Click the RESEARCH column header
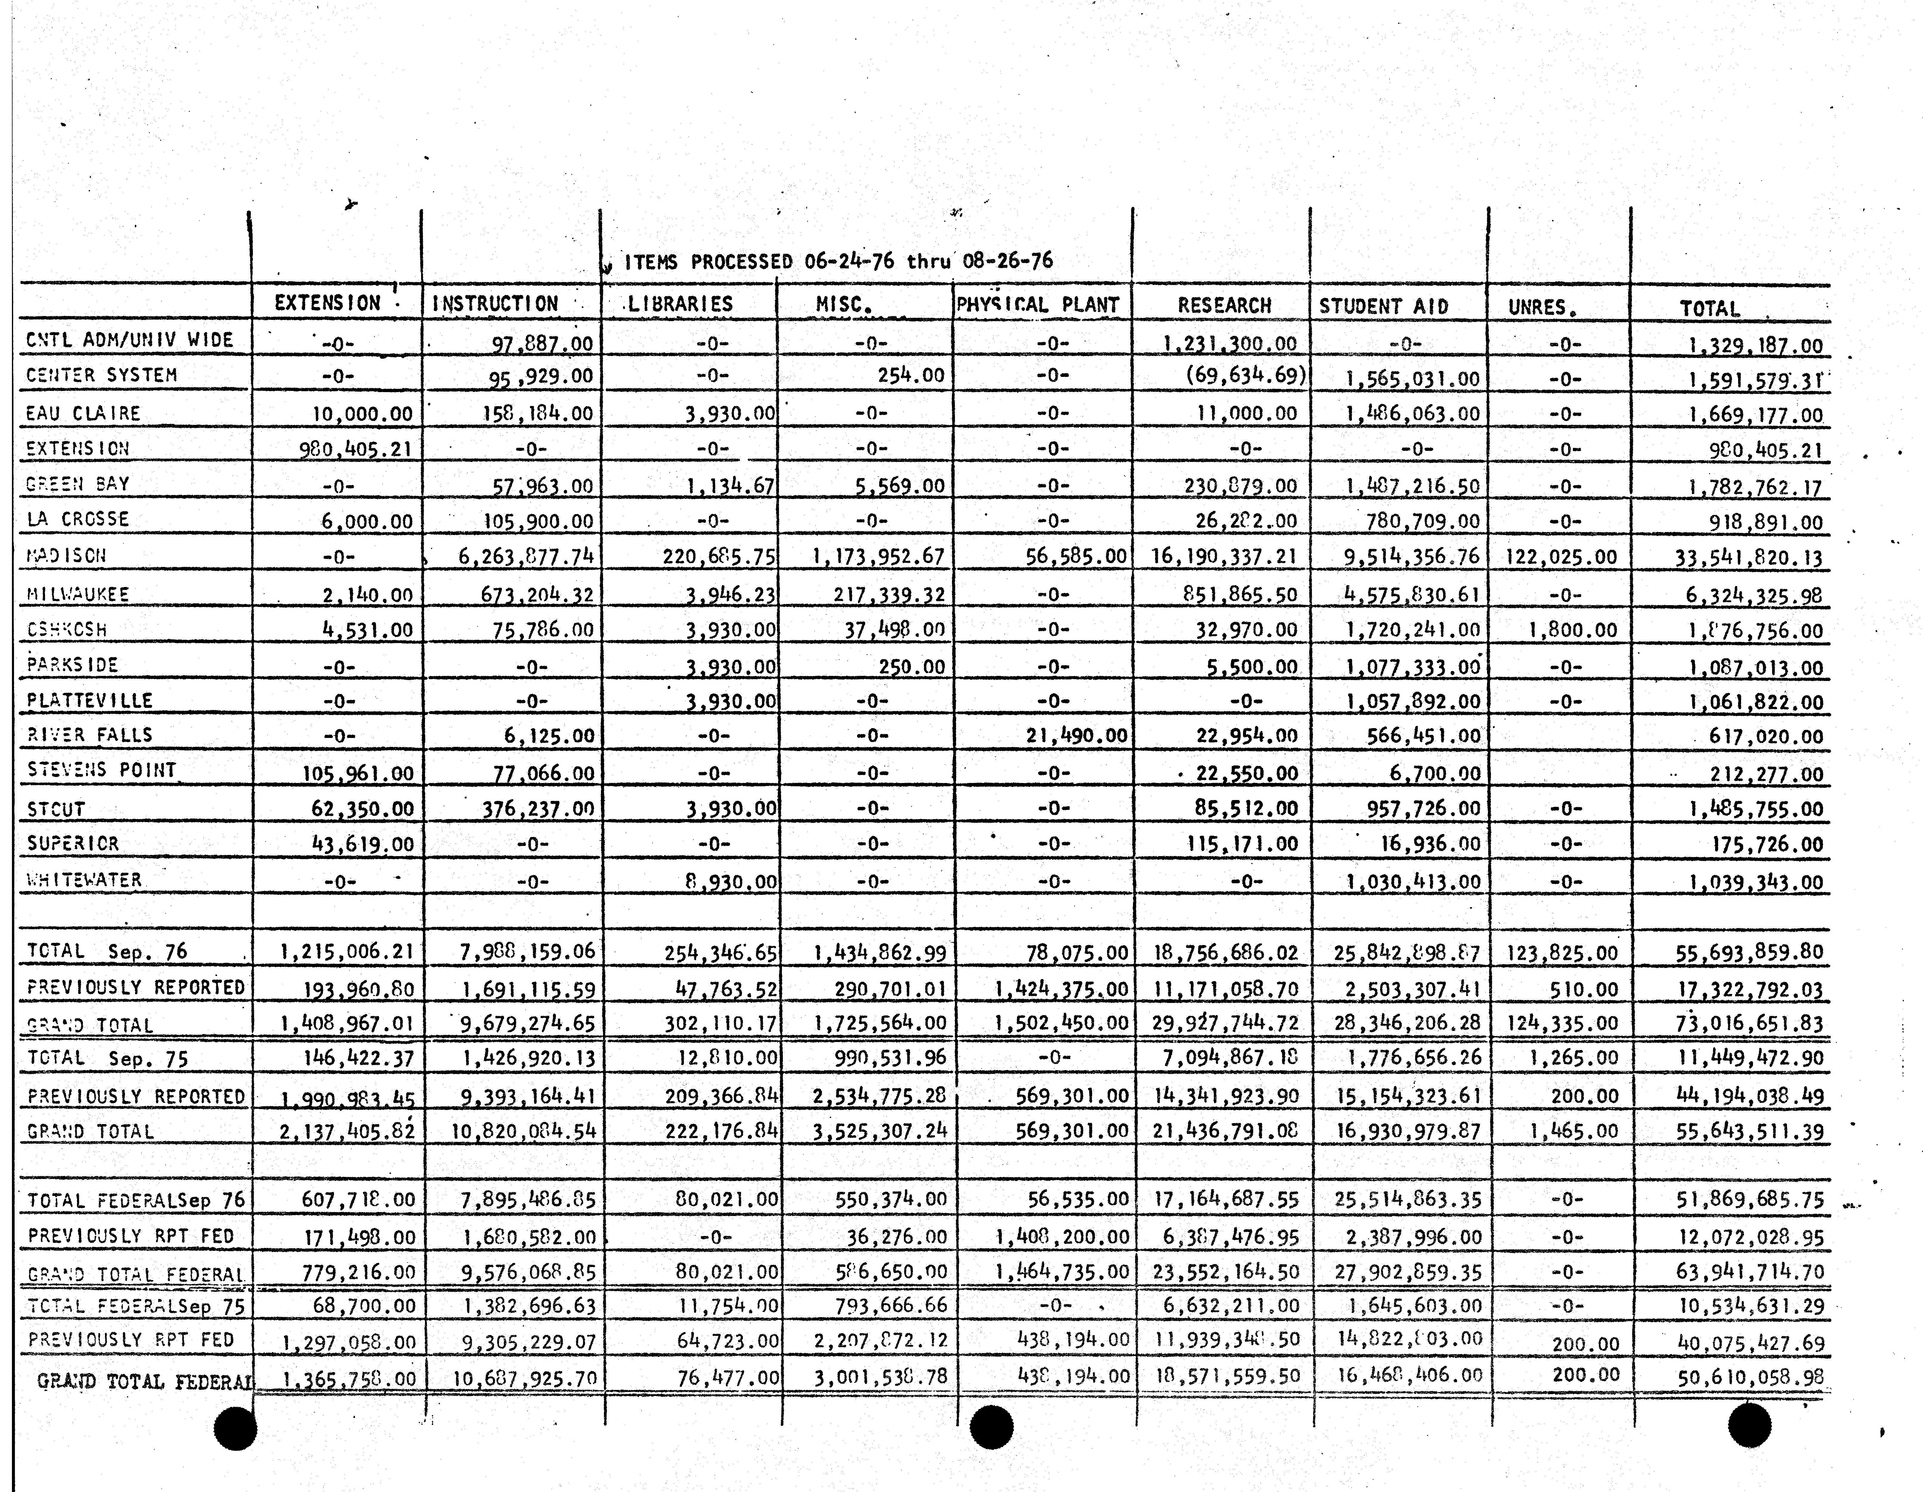click(x=1224, y=306)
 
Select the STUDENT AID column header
click(x=1383, y=306)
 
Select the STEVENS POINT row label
click(x=101, y=770)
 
